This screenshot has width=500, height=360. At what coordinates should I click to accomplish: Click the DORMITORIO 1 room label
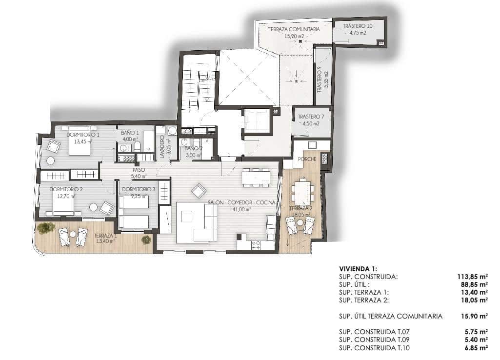coord(83,135)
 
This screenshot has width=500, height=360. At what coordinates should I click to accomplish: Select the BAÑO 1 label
coord(130,133)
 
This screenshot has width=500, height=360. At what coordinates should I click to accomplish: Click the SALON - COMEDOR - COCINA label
coord(241,202)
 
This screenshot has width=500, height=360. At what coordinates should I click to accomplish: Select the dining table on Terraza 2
coord(303,192)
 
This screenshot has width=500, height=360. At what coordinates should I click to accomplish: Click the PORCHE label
coord(308,159)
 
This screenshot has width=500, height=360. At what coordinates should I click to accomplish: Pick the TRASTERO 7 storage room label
coord(311,117)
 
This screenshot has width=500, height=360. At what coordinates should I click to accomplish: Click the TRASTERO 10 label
coord(358,26)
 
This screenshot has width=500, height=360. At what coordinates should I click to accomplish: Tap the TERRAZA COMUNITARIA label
coord(294,30)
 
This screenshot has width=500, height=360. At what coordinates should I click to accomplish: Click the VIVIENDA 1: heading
coord(358,269)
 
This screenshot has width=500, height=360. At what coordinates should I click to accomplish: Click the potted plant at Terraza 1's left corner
coord(46,227)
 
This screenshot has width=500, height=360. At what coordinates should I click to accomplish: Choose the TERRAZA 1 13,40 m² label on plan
coord(105,238)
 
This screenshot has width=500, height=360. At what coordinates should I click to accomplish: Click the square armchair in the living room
coord(199,191)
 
